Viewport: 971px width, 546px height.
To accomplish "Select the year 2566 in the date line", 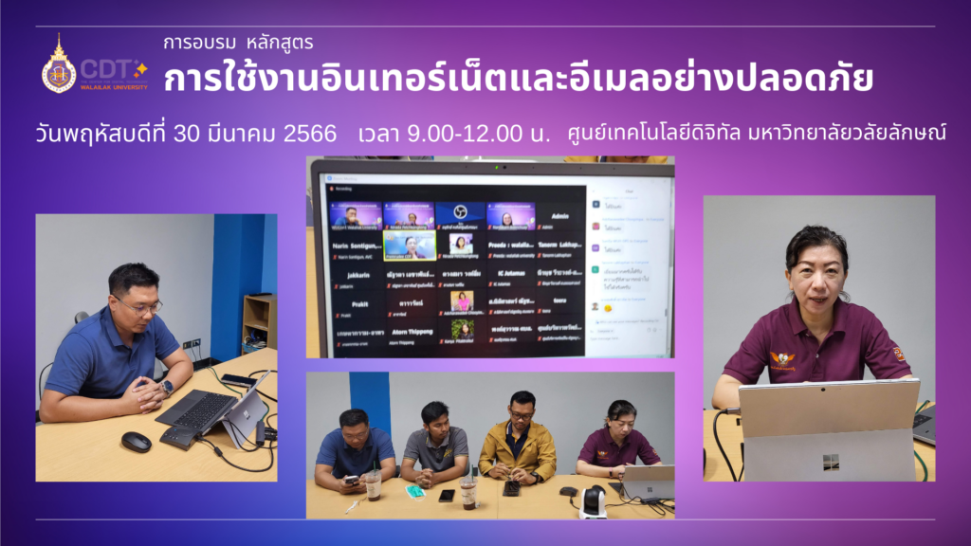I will pos(309,134).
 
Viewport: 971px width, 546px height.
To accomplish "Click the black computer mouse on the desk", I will pos(137,441).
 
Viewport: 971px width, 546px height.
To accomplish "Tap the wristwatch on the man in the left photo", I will pos(167,387).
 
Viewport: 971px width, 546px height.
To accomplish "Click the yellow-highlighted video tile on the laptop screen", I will pos(409,246).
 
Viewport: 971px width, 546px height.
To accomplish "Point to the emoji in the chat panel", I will pos(608,308).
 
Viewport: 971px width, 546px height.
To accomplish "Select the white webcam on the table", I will pos(592,502).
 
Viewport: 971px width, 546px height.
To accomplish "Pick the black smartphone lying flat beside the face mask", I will pos(447,495).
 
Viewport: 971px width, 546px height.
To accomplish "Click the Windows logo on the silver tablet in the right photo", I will pos(831,462).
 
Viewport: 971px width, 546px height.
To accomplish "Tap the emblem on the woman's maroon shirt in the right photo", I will pos(782,359).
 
